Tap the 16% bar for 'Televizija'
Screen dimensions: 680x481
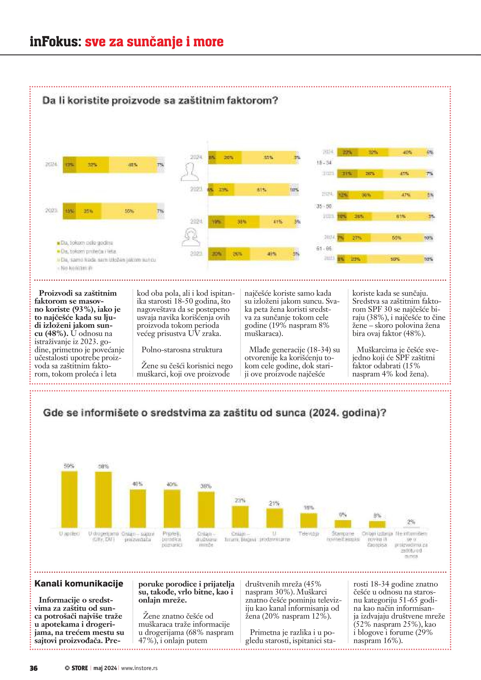pos(309,520)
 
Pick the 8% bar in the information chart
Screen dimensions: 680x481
pos(377,524)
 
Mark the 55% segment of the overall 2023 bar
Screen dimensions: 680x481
pos(129,211)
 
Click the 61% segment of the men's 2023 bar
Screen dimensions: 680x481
pos(261,190)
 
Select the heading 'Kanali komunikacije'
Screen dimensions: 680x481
pos(79,583)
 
